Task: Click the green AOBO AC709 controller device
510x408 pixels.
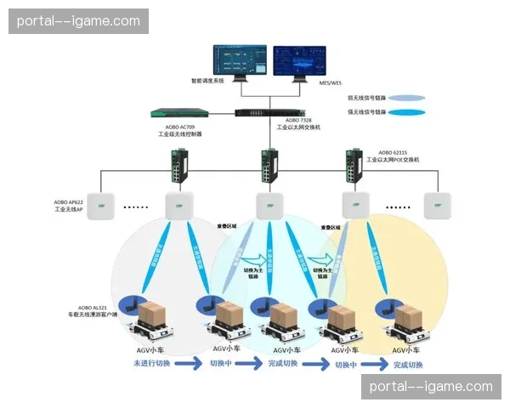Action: pyautogui.click(x=180, y=113)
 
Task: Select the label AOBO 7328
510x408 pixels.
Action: pyautogui.click(x=294, y=122)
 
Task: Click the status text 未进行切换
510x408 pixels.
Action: pyautogui.click(x=151, y=364)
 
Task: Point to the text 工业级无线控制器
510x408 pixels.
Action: pyautogui.click(x=179, y=134)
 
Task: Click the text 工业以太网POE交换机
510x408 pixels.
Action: pyautogui.click(x=393, y=159)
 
